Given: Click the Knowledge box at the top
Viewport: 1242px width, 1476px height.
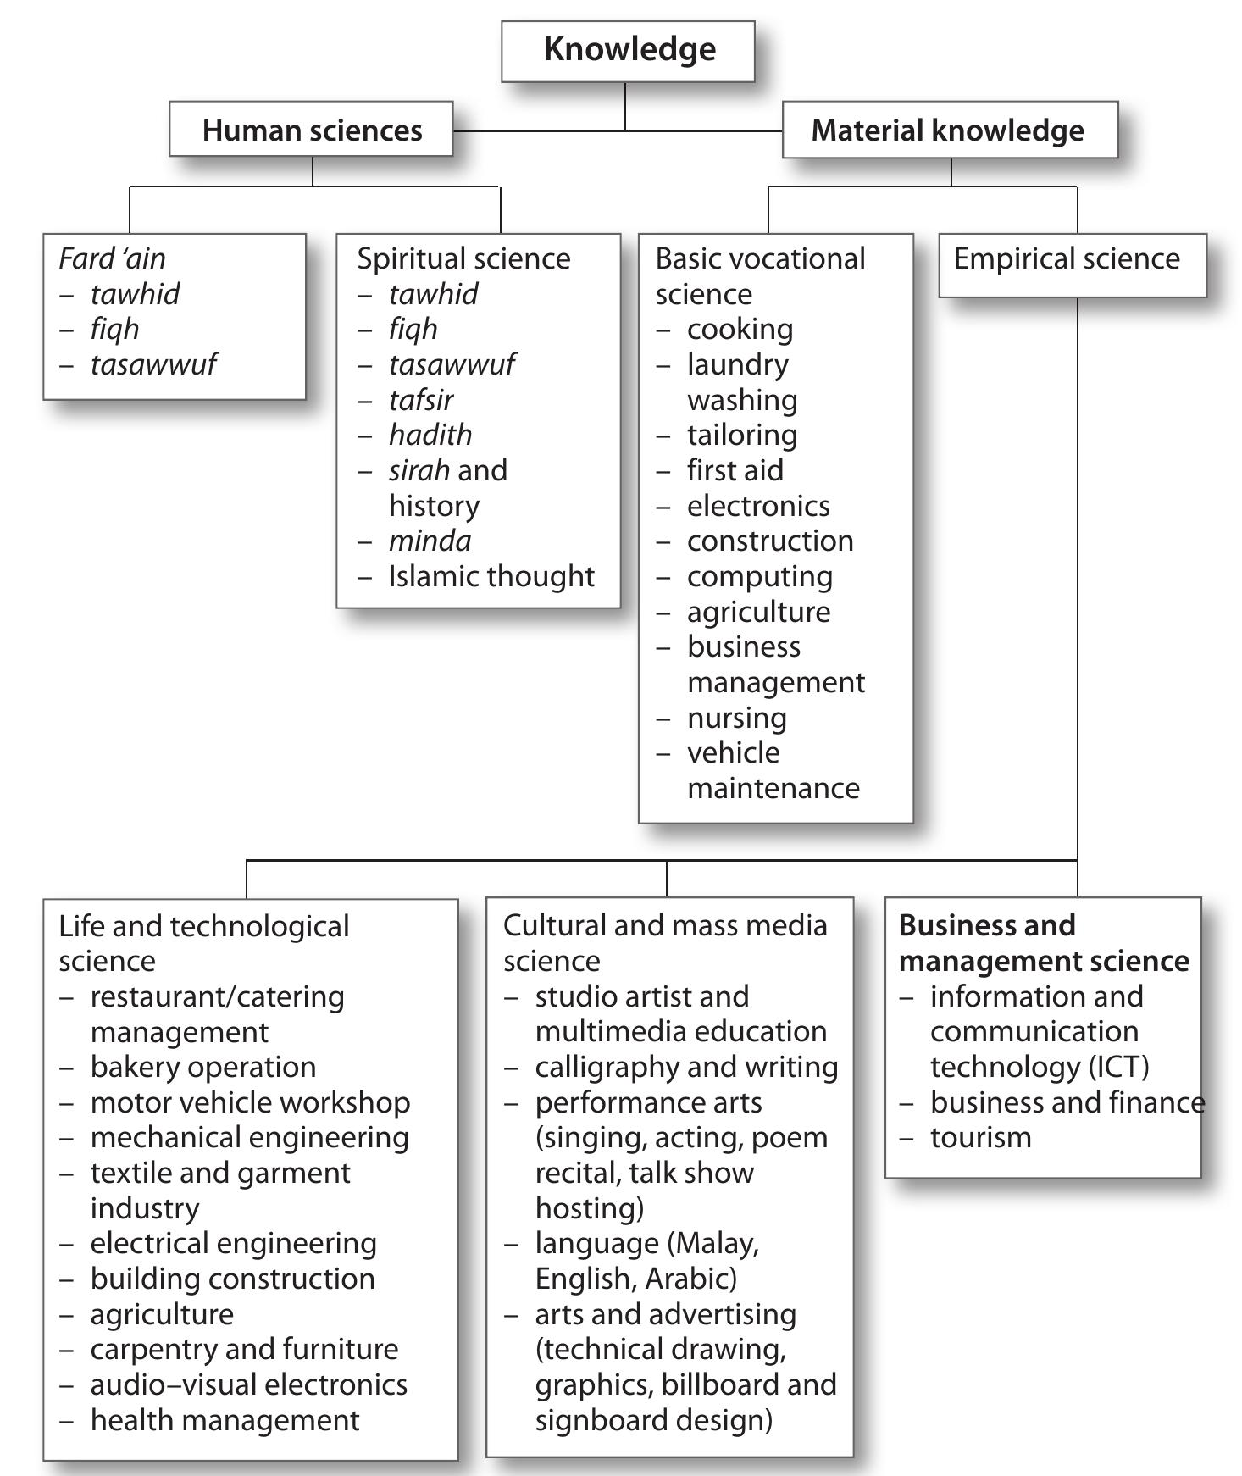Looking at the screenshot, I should pos(629,50).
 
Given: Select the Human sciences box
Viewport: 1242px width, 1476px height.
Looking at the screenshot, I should pos(312,130).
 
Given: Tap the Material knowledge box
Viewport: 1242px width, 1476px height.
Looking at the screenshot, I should pos(948,130).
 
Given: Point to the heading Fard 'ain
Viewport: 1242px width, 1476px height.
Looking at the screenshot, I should pos(112,259).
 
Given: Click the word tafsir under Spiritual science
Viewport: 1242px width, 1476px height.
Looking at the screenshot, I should pos(421,400).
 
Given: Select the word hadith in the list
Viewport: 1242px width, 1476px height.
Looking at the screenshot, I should pos(430,436).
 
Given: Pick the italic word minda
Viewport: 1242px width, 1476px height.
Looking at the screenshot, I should pos(430,541).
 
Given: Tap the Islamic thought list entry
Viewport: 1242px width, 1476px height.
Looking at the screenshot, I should pos(491,577).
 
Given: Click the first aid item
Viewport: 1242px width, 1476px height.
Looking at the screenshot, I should pos(735,471).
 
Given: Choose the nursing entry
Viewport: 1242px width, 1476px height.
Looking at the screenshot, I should pos(736,719).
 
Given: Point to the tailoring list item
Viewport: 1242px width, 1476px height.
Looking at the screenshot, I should pos(741,436).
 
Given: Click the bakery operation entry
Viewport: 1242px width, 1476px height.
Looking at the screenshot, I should pos(203,1068).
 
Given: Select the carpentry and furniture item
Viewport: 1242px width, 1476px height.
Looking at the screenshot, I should pos(244,1350).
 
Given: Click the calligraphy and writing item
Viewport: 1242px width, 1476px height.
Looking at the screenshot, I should pos(686,1068).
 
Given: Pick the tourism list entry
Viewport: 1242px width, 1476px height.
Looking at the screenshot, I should pos(980,1138).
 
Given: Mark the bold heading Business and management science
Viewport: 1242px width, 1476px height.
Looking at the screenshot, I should pos(1043,944).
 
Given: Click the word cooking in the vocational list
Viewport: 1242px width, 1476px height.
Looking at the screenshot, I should pos(740,330).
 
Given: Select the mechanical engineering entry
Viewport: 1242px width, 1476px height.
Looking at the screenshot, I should pos(249,1138).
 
